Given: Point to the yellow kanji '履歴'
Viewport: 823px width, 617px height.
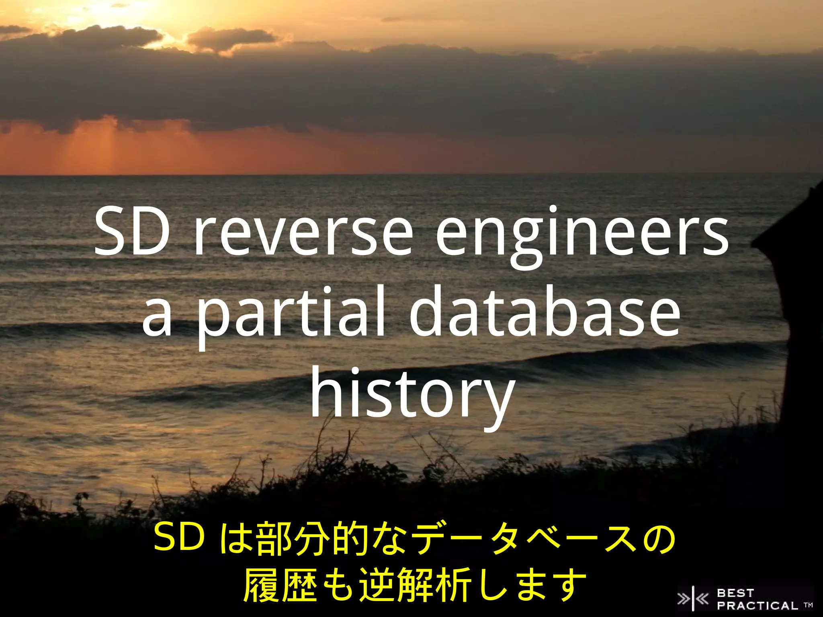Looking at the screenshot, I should (284, 584).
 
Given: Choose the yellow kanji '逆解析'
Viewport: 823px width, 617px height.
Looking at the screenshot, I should (414, 584).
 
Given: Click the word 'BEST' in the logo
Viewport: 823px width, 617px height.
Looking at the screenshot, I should (735, 593).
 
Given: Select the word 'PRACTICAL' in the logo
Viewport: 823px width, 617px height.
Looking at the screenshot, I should (757, 605).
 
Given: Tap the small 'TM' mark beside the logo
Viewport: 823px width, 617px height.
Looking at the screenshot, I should (808, 605).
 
